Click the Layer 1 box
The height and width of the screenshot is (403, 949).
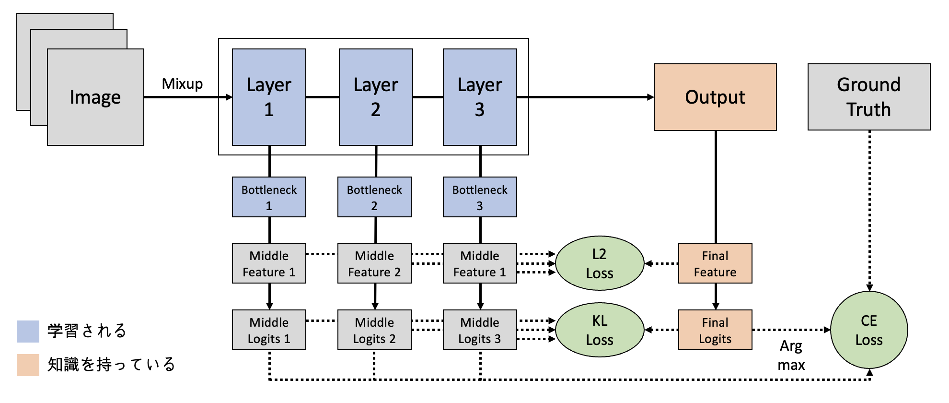tap(269, 97)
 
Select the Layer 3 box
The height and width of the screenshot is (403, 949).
tap(480, 97)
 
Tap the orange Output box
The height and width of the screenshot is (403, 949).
tap(715, 97)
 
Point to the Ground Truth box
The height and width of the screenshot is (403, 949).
tap(868, 97)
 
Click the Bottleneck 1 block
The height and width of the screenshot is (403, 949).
tap(269, 197)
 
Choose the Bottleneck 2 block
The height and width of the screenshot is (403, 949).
tap(374, 197)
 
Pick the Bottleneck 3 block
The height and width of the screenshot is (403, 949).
tap(480, 197)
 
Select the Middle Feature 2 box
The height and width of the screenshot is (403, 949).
tap(374, 263)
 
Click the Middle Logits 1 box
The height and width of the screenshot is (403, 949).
tap(269, 330)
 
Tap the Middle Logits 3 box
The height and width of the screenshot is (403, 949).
tap(480, 330)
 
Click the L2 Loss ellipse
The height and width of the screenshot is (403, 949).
tap(600, 263)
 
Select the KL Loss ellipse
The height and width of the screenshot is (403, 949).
tap(600, 330)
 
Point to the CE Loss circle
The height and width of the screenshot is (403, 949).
tap(868, 330)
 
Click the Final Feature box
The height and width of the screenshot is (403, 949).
tap(715, 263)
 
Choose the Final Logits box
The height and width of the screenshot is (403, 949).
tap(715, 330)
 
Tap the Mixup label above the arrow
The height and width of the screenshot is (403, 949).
tap(182, 84)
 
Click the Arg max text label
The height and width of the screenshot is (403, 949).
tap(791, 355)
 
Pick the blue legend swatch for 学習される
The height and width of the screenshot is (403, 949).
tap(28, 332)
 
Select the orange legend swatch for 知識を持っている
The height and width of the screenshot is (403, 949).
tap(28, 365)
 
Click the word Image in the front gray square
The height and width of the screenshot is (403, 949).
tap(95, 97)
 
